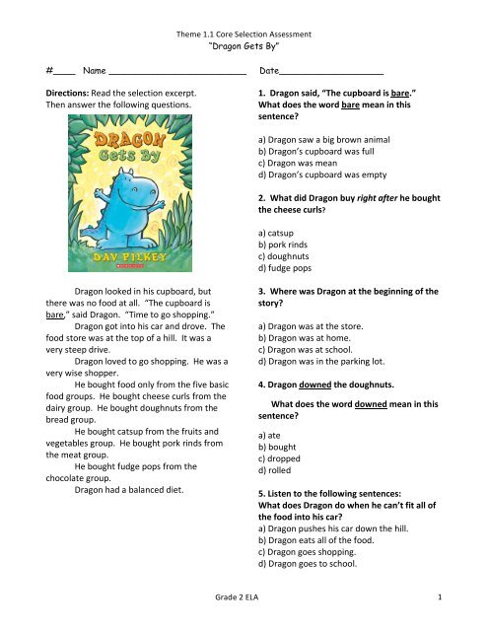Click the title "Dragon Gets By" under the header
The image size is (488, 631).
click(x=243, y=45)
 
